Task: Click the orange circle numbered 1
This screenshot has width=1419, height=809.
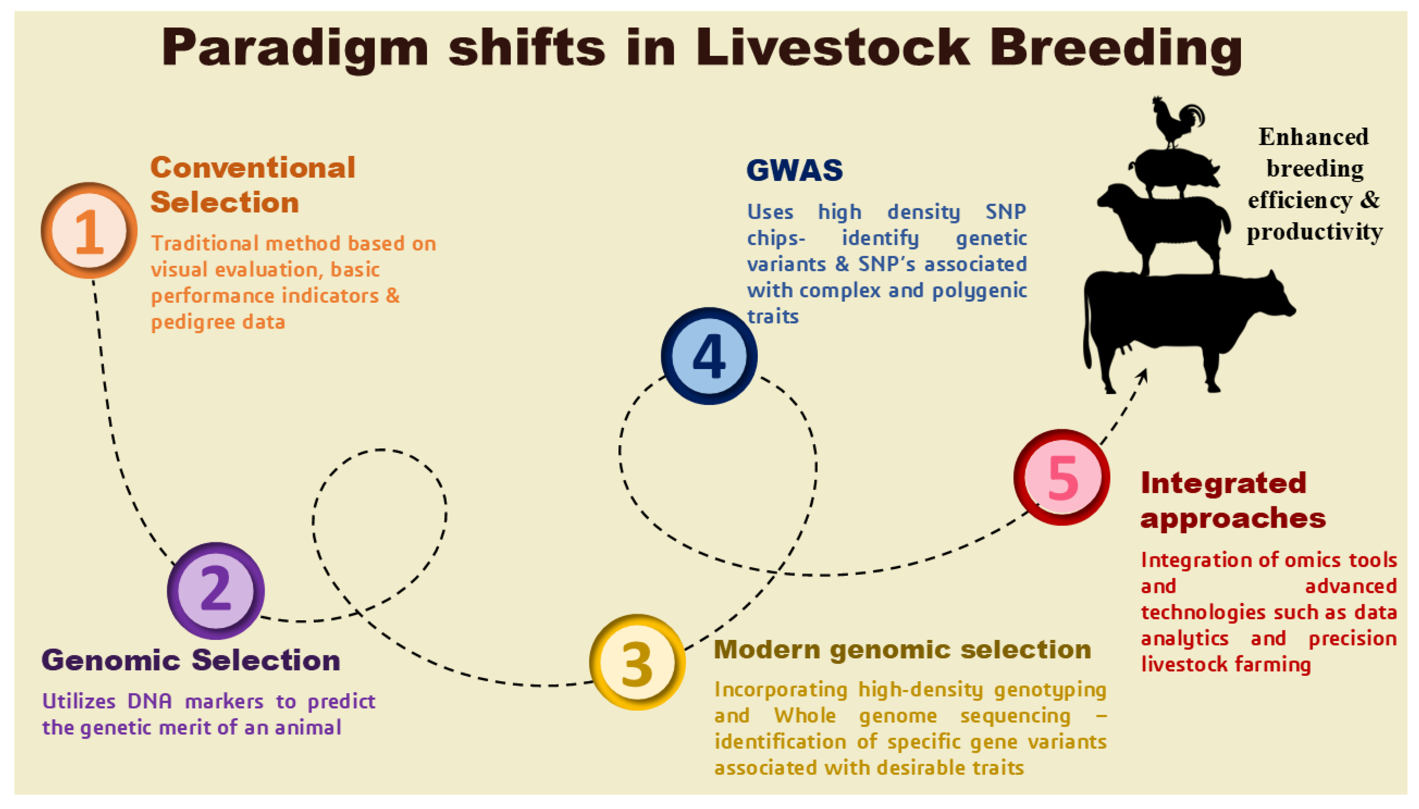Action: click(89, 231)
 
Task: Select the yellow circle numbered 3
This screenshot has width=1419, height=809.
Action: click(637, 662)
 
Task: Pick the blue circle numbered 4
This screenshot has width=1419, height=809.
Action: click(709, 356)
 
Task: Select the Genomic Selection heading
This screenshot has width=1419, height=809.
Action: click(191, 660)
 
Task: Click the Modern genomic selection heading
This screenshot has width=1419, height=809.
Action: click(902, 649)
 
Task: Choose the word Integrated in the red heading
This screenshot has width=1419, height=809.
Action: click(1223, 483)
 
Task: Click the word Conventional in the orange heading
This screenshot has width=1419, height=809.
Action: click(253, 167)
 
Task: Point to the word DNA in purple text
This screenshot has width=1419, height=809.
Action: click(150, 701)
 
